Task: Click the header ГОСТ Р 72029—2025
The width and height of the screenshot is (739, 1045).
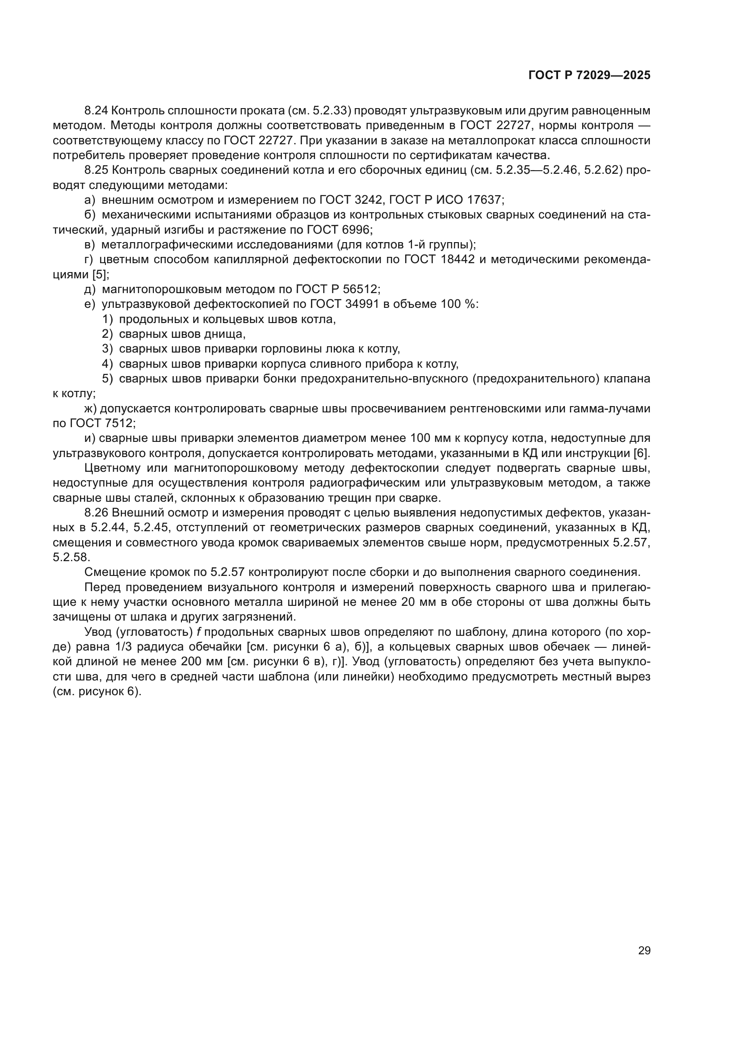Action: point(589,76)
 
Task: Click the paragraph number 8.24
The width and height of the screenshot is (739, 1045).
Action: point(96,111)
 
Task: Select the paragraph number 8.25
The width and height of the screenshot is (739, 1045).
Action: point(96,170)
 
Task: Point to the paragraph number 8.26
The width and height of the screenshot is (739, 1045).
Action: point(96,512)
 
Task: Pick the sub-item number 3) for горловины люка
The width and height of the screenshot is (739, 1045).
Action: point(107,348)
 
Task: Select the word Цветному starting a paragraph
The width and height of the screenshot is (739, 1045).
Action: point(113,468)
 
